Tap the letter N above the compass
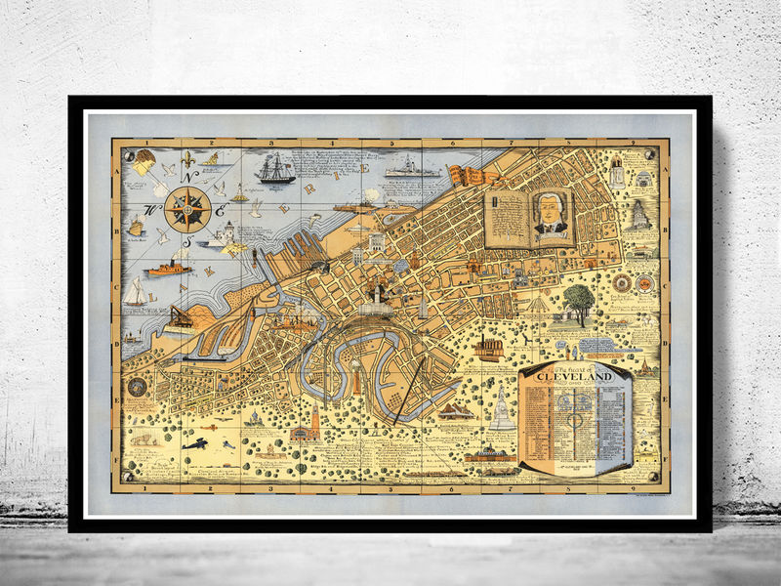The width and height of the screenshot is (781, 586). click(191, 176)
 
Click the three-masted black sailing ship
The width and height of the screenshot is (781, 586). click(275, 168)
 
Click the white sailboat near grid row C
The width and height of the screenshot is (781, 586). click(135, 291)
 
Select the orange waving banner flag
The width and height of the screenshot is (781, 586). click(467, 176)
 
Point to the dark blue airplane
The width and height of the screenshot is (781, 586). click(194, 443)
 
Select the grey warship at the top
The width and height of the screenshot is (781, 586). click(413, 170)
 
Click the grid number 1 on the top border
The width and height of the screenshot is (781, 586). click(145, 144)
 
